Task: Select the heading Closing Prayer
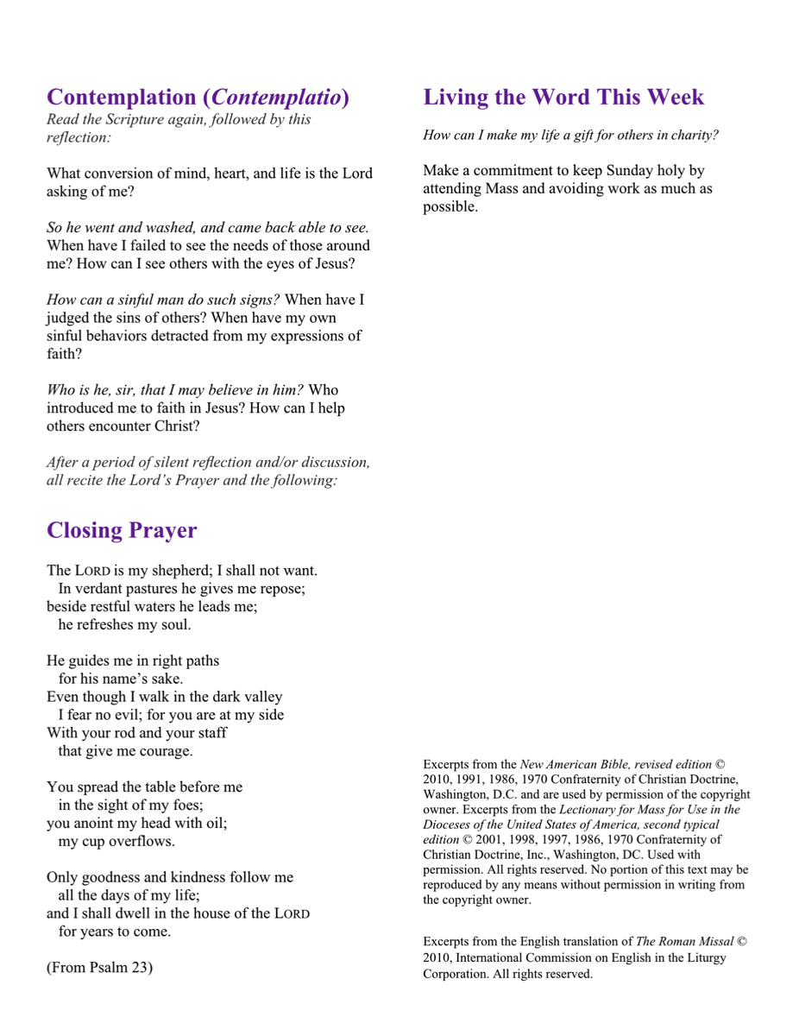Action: click(x=122, y=530)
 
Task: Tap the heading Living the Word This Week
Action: click(x=563, y=97)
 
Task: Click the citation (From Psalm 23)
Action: click(x=99, y=966)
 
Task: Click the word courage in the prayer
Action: click(x=164, y=751)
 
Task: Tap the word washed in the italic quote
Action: click(x=172, y=228)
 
